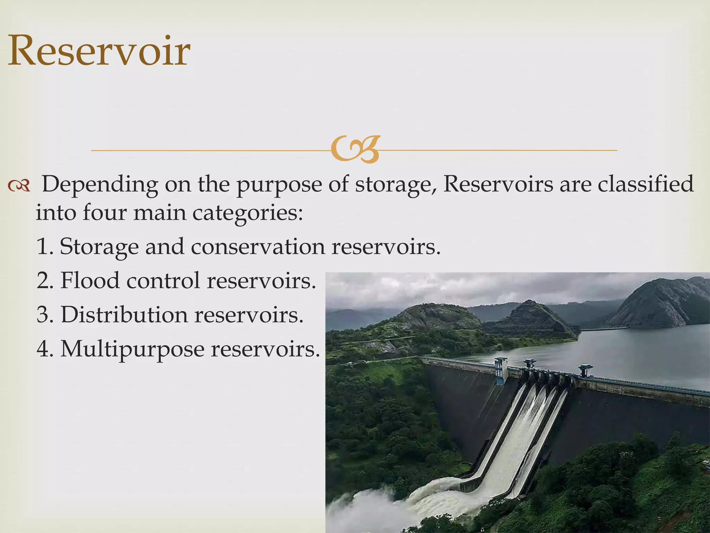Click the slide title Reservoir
coord(99,51)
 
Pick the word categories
coord(248,213)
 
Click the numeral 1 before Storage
coord(43,246)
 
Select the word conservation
coord(258,246)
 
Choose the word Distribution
coord(124,314)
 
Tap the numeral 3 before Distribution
coord(43,314)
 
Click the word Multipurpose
coord(132,349)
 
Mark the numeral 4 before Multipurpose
coord(43,348)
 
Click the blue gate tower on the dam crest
coord(501,371)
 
